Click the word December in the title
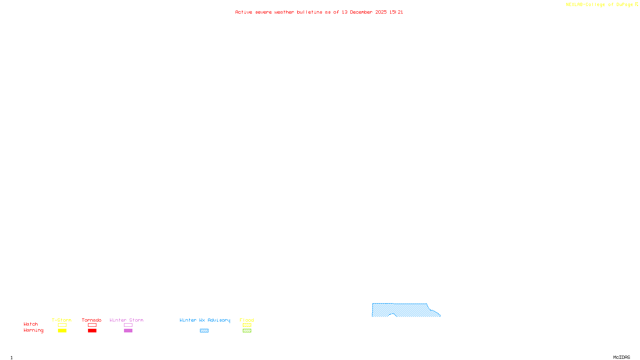(x=361, y=12)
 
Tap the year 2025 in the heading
(x=381, y=12)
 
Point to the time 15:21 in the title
(x=396, y=12)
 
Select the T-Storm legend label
(x=62, y=320)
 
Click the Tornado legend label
(x=92, y=320)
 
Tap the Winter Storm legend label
(x=126, y=320)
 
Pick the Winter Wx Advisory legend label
(x=205, y=320)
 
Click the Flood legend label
(x=247, y=320)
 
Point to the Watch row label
(x=31, y=324)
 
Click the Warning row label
(x=34, y=330)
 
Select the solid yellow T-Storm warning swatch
(x=62, y=331)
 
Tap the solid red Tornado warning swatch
(x=92, y=331)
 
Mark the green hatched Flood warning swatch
(x=247, y=331)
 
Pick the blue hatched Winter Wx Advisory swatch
(x=204, y=331)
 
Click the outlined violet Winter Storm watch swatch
(x=128, y=325)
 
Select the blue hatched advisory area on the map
(x=404, y=310)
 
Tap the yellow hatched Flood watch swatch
(x=247, y=325)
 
